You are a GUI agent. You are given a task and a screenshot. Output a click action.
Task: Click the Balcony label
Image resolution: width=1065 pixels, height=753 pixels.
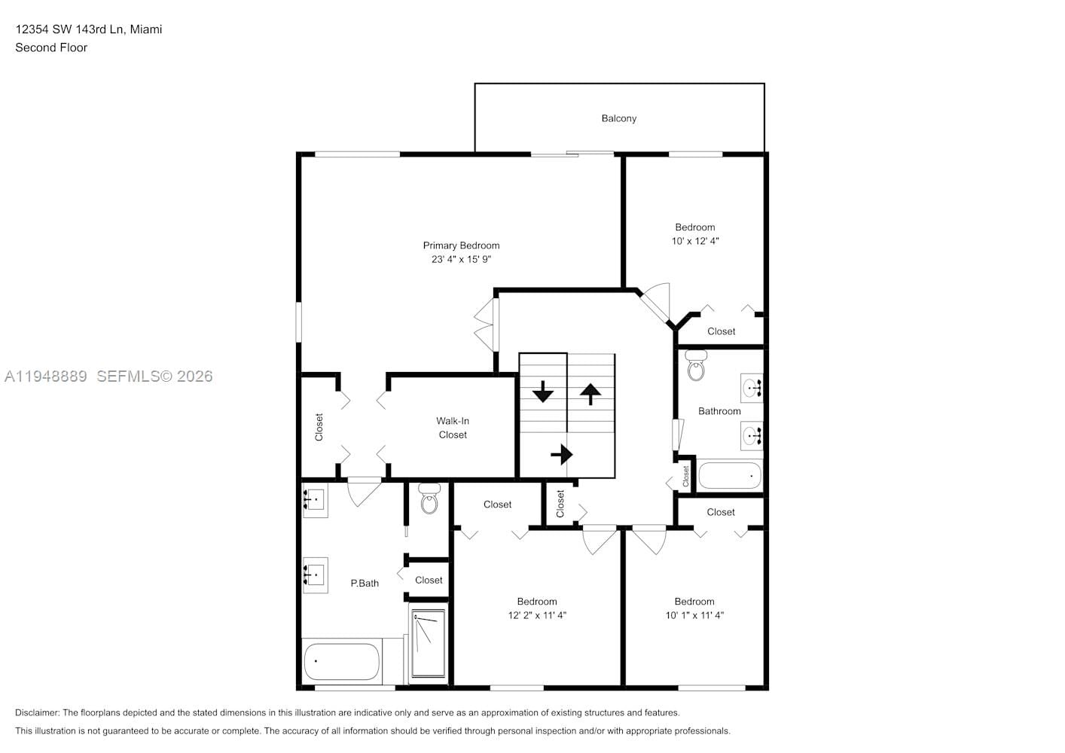tap(618, 118)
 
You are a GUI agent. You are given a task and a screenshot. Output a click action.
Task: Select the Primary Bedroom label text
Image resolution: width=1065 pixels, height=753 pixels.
tap(461, 245)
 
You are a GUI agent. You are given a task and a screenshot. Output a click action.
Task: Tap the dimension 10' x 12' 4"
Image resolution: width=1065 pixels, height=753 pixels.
tap(694, 241)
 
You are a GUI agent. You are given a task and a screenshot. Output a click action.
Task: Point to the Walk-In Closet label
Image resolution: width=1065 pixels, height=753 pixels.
tap(453, 428)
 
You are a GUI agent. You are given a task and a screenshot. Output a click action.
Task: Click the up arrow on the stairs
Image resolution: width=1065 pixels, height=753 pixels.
tap(590, 393)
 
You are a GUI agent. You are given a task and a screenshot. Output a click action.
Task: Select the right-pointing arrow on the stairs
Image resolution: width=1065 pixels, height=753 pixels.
tap(562, 455)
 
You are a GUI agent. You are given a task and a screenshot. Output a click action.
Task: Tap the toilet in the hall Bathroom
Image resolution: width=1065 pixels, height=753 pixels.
tap(696, 367)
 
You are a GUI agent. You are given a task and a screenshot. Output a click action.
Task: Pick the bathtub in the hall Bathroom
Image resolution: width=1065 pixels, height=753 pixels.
tap(730, 476)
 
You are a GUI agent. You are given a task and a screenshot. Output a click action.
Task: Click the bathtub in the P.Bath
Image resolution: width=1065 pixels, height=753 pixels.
tap(341, 661)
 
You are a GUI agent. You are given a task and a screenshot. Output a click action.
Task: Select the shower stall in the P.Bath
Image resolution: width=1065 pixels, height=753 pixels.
tap(428, 643)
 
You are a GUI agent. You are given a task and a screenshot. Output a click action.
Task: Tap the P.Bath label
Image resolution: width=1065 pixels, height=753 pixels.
tap(365, 583)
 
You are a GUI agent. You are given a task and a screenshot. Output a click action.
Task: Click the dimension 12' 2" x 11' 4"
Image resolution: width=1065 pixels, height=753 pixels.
tap(537, 615)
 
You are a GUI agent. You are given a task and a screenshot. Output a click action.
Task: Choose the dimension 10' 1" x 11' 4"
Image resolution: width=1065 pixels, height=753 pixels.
tap(694, 615)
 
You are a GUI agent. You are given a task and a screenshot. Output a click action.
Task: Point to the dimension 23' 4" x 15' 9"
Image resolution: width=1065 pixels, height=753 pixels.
tap(461, 259)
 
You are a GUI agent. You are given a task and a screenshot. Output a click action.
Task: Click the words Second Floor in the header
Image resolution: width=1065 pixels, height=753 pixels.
tap(51, 47)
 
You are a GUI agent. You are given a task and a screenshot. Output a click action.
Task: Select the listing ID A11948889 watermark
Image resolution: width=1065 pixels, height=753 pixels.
tap(46, 376)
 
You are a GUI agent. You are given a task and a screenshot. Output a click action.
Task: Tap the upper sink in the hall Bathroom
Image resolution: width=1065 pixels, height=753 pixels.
tap(752, 388)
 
